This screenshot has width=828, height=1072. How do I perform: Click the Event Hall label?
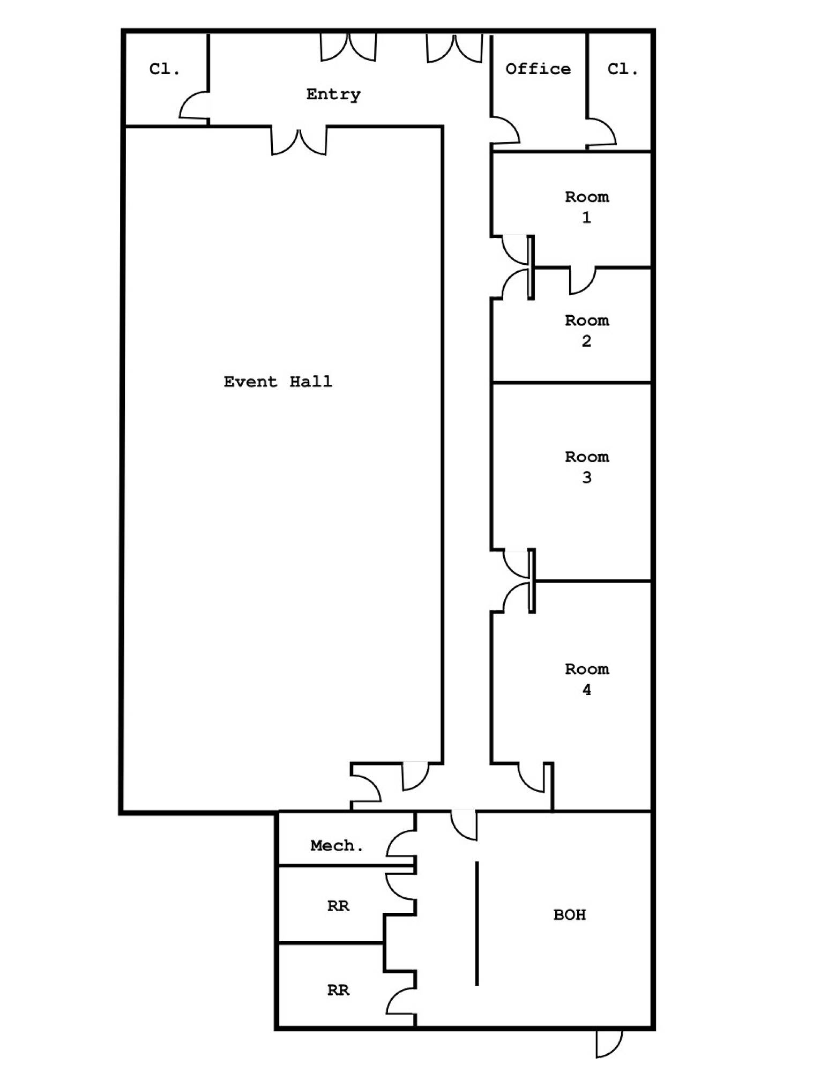coord(278,382)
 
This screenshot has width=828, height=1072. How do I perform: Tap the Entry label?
coord(333,94)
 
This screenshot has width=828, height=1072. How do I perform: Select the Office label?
coord(538,69)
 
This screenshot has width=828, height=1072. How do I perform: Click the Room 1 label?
coord(587,207)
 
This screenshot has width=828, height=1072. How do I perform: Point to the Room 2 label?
coord(587,331)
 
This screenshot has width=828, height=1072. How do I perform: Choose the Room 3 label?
coord(587,467)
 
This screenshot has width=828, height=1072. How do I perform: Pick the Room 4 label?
coord(587,679)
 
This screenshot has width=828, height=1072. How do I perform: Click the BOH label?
coord(570,914)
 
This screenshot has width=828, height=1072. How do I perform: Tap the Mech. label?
coord(337,846)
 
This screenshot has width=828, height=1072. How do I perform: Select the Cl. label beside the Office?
coord(623,69)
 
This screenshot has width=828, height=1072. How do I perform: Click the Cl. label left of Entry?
coord(165,69)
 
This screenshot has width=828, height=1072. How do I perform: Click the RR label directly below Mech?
coord(338,906)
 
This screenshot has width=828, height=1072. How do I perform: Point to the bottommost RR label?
coord(338,990)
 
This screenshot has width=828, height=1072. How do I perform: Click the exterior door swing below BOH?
coord(609,1043)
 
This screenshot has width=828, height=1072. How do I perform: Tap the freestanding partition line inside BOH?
coord(477,924)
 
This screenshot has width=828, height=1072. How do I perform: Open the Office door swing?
coord(505,130)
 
